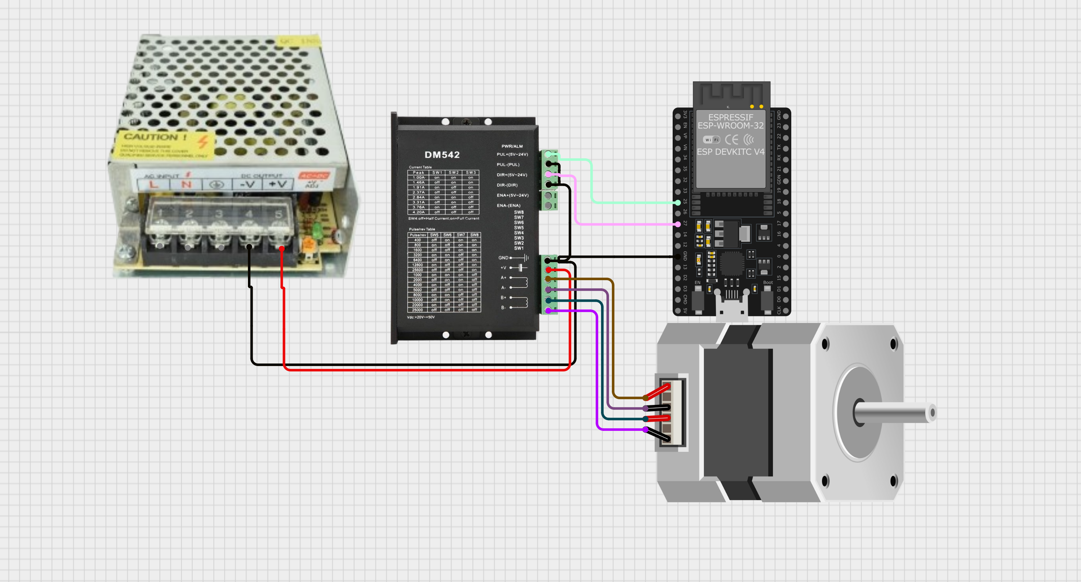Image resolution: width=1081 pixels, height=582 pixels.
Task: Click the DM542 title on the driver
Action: click(x=442, y=155)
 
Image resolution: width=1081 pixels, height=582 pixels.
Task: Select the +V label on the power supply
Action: click(x=278, y=184)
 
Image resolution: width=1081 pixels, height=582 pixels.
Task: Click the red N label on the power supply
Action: click(x=186, y=184)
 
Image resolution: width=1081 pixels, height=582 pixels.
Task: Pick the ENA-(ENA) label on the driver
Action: click(x=508, y=205)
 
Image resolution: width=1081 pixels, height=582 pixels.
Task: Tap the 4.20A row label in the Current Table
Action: click(x=418, y=212)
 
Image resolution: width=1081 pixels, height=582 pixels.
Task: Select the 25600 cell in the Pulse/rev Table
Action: click(x=418, y=270)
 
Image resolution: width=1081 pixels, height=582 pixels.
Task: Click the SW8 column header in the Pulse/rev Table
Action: click(x=474, y=235)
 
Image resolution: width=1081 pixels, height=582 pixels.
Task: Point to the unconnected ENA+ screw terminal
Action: click(x=548, y=196)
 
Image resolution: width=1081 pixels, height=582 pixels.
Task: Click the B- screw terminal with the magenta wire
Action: click(x=548, y=310)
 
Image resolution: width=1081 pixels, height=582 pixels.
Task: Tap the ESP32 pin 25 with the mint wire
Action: click(x=678, y=202)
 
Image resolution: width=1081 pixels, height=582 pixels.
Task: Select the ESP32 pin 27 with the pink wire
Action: click(x=678, y=224)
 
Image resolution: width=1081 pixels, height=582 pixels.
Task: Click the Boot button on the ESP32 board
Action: click(x=767, y=299)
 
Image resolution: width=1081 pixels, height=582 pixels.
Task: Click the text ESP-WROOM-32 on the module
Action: click(x=731, y=125)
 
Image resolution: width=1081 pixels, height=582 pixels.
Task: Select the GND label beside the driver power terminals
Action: click(x=503, y=258)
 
